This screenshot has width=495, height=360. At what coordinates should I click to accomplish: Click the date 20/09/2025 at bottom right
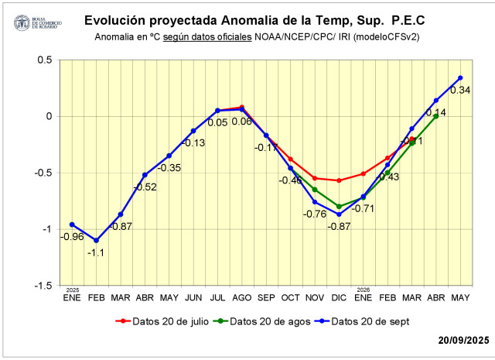463,340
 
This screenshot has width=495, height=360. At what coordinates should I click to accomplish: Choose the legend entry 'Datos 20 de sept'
369,321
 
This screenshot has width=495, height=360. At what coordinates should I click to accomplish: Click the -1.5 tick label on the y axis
41,286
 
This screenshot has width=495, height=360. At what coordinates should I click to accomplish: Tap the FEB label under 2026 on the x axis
387,297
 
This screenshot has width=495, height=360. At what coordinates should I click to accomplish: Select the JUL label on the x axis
217,297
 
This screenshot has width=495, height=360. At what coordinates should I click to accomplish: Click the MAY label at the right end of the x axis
460,297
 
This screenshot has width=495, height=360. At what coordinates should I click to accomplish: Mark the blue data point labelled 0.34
460,77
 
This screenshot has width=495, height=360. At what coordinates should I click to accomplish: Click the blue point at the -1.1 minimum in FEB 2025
96,240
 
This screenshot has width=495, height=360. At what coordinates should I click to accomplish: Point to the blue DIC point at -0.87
339,214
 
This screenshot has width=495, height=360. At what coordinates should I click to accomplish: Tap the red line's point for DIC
339,180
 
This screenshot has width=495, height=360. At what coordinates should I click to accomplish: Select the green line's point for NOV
315,189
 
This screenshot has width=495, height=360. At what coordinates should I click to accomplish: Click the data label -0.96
72,236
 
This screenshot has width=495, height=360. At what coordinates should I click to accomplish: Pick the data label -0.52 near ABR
145,187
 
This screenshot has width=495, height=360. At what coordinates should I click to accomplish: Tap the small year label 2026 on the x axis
363,288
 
